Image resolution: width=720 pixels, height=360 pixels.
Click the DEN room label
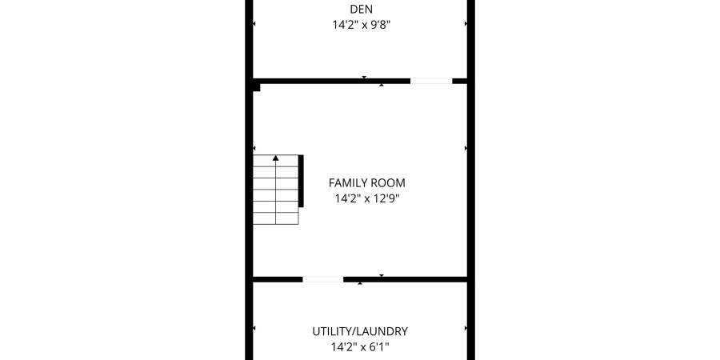(362, 10)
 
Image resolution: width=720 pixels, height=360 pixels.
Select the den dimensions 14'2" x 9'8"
(362, 25)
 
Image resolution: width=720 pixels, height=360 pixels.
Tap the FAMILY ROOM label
(367, 182)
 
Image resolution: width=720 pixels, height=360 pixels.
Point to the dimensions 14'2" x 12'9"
(367, 198)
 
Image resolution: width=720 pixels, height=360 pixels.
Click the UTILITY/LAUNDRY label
(360, 331)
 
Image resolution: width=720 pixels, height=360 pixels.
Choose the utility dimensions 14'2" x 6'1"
(360, 347)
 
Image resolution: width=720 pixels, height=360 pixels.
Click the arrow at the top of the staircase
(276, 158)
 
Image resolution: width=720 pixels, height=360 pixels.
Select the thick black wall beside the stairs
(302, 180)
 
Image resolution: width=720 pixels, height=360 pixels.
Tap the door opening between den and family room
(431, 81)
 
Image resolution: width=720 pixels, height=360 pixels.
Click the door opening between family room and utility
(323, 279)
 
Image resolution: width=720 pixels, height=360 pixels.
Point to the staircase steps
(276, 192)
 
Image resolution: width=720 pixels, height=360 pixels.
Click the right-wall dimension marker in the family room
(466, 148)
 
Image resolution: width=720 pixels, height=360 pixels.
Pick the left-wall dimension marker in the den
(254, 24)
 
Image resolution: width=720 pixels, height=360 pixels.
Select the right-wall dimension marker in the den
(466, 24)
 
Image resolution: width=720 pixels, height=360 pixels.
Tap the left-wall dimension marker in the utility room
(254, 328)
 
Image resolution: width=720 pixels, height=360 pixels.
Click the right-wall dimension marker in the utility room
(466, 328)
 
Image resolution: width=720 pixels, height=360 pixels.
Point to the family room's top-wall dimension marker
(382, 85)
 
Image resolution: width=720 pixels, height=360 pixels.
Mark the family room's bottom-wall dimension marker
(382, 276)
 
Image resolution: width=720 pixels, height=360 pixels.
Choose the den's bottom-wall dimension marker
(364, 78)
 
